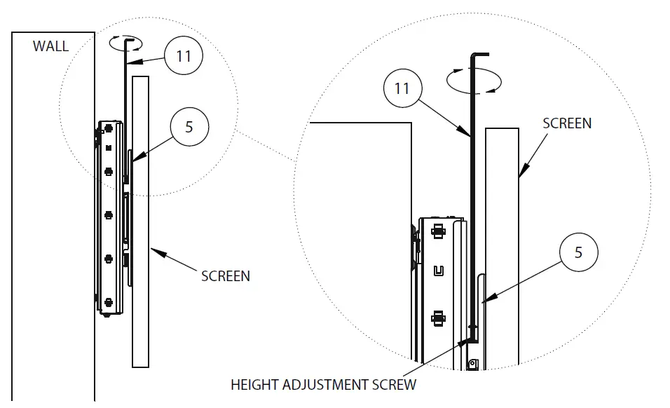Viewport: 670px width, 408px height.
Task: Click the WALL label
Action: tap(50, 46)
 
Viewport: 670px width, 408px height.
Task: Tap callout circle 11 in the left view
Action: tap(184, 55)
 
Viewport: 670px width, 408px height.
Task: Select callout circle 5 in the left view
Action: tap(189, 127)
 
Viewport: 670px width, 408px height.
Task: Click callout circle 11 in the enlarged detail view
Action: tap(402, 89)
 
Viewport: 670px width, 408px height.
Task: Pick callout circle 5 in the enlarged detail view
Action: tap(578, 252)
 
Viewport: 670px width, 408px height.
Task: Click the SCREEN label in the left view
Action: tap(226, 276)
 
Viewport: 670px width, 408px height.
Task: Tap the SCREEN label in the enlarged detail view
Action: tap(567, 123)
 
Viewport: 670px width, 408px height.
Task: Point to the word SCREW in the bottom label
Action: tap(397, 384)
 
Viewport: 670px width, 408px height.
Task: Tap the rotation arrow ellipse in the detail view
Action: tap(474, 80)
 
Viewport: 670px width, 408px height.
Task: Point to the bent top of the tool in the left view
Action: tap(130, 41)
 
